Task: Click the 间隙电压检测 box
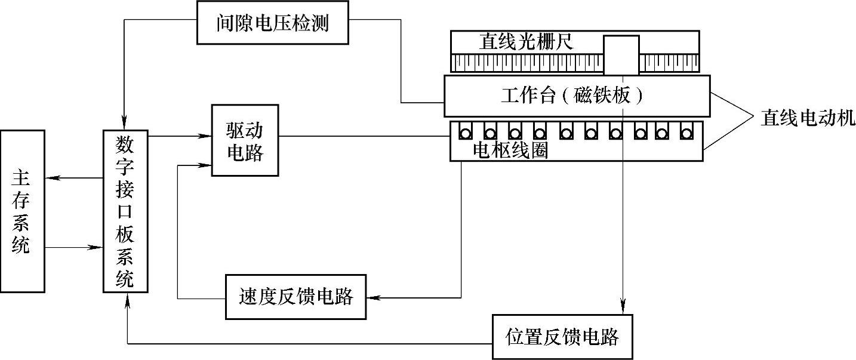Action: click(273, 23)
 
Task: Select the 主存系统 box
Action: click(23, 211)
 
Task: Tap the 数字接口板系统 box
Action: click(125, 211)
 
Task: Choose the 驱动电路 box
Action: click(245, 140)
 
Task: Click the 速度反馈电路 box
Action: click(295, 297)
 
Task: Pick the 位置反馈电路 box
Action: click(561, 337)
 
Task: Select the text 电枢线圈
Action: click(510, 152)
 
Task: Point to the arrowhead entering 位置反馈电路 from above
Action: click(623, 309)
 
